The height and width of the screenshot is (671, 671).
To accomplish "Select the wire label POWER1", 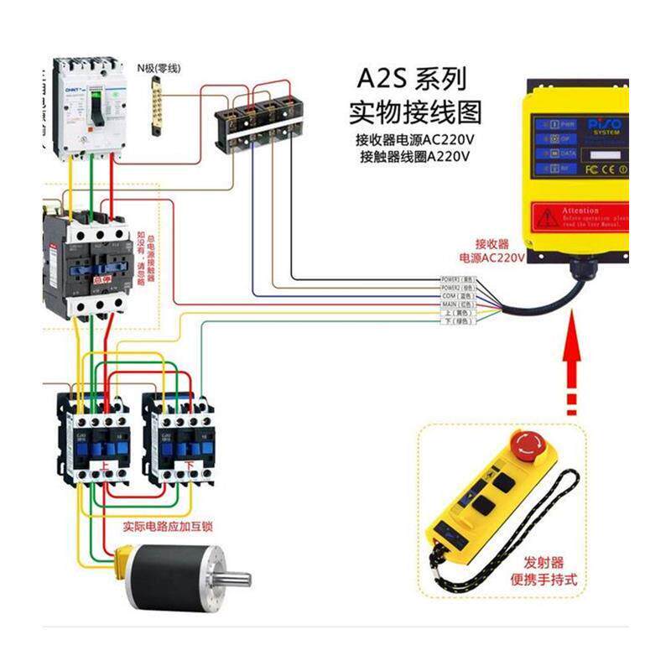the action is pyautogui.click(x=459, y=279).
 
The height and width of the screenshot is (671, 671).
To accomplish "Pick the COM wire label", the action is pyautogui.click(x=458, y=296).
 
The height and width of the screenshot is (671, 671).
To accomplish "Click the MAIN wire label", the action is pyautogui.click(x=458, y=304).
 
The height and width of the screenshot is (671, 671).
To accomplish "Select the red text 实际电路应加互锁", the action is pyautogui.click(x=168, y=527).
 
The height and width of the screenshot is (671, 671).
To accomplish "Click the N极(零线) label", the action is pyautogui.click(x=159, y=68).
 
